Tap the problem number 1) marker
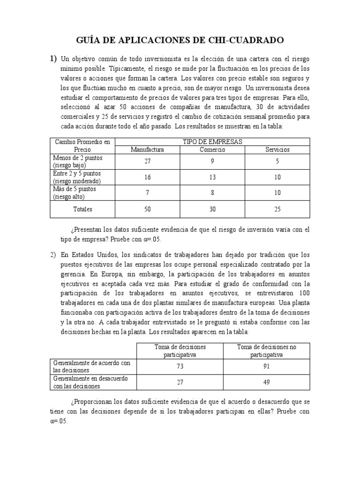53,59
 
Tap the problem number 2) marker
53,255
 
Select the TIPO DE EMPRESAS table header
212,142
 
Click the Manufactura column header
147,150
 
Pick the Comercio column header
212,150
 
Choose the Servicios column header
277,150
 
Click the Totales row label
82,209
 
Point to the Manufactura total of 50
147,209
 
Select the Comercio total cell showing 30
212,209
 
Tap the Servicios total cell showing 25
277,209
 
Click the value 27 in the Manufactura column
147,162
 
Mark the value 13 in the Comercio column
212,177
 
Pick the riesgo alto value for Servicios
277,193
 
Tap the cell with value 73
180,367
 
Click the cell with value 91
267,367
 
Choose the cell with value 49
267,382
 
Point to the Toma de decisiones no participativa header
267,351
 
